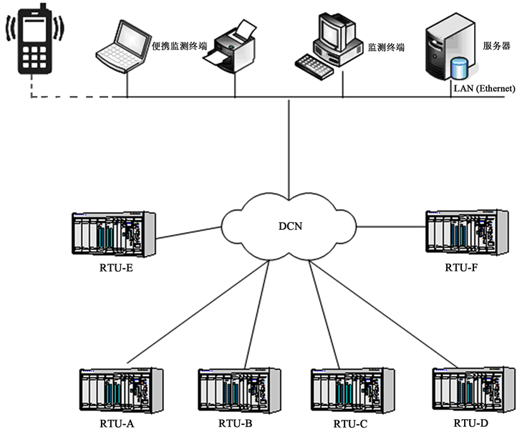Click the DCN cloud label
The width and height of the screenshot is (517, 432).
(x=290, y=226)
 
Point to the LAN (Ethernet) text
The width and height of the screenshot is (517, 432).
(x=484, y=88)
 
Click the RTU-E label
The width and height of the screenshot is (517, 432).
(x=114, y=271)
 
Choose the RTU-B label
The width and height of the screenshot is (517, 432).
(x=236, y=423)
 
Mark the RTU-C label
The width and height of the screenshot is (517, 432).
(x=351, y=423)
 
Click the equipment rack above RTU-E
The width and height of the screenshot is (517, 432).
(x=113, y=234)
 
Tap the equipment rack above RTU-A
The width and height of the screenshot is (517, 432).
(x=121, y=390)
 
